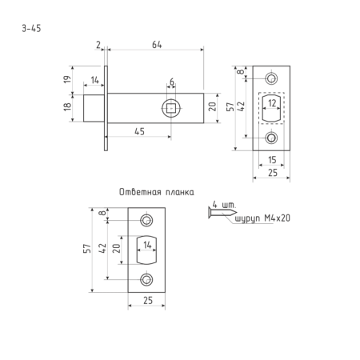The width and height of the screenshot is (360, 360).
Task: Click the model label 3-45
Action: pyautogui.click(x=31, y=28)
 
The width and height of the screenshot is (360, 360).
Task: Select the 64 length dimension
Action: pyautogui.click(x=157, y=45)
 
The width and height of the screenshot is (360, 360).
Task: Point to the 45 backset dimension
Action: pyautogui.click(x=139, y=131)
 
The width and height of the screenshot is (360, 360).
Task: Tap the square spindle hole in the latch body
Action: pyautogui.click(x=171, y=108)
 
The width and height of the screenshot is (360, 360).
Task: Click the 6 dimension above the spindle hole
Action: pyautogui.click(x=172, y=82)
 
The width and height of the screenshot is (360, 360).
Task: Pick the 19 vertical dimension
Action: pyautogui.click(x=67, y=79)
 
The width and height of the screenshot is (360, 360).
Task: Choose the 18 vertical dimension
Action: pyautogui.click(x=67, y=106)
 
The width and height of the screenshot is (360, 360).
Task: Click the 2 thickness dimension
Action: pyautogui.click(x=98, y=45)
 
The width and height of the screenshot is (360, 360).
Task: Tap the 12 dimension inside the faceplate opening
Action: pyautogui.click(x=272, y=103)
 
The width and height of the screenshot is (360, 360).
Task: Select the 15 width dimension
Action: pyautogui.click(x=272, y=160)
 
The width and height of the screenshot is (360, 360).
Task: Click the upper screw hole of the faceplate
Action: pyautogui.click(x=271, y=78)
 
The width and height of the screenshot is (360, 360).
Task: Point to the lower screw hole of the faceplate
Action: pyautogui.click(x=271, y=138)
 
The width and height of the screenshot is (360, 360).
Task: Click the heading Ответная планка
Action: pyautogui.click(x=157, y=192)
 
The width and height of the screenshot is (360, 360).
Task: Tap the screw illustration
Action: pyautogui.click(x=222, y=213)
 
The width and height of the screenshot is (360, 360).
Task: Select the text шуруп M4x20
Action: pyautogui.click(x=262, y=218)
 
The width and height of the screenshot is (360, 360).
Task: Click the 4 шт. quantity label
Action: pyautogui.click(x=224, y=205)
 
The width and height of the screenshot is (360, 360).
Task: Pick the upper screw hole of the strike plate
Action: pyautogui.click(x=146, y=221)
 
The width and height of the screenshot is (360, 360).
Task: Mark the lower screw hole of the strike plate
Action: pyautogui.click(x=146, y=280)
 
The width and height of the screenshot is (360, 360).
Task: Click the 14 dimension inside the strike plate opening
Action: pyautogui.click(x=147, y=245)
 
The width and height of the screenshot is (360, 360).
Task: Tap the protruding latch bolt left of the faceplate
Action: pyautogui.click(x=94, y=108)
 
